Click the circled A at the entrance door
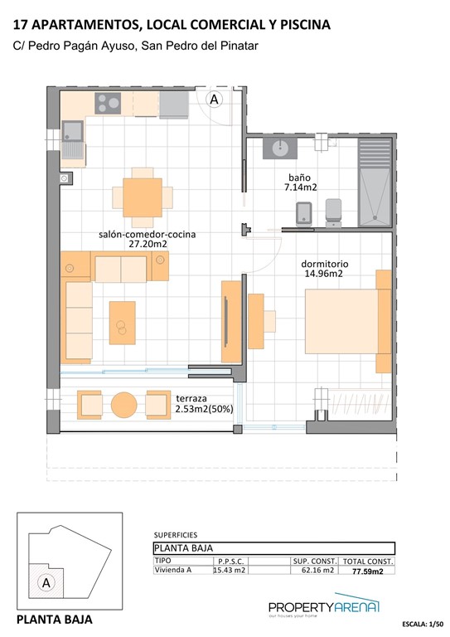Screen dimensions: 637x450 (x=214, y=100)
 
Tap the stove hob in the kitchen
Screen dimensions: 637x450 (x=109, y=103)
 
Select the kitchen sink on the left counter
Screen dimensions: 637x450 (x=72, y=133)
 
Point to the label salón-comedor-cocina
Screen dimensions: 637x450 (x=147, y=234)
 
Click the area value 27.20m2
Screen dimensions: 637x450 (x=148, y=245)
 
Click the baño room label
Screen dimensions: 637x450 (x=299, y=177)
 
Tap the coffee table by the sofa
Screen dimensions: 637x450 (x=123, y=322)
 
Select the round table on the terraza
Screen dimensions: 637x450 (x=124, y=405)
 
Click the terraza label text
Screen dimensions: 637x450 (x=191, y=398)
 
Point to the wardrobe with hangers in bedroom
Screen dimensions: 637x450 (x=351, y=405)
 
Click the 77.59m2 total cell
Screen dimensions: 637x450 (x=367, y=571)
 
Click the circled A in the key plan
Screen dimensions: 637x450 (x=46, y=582)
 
